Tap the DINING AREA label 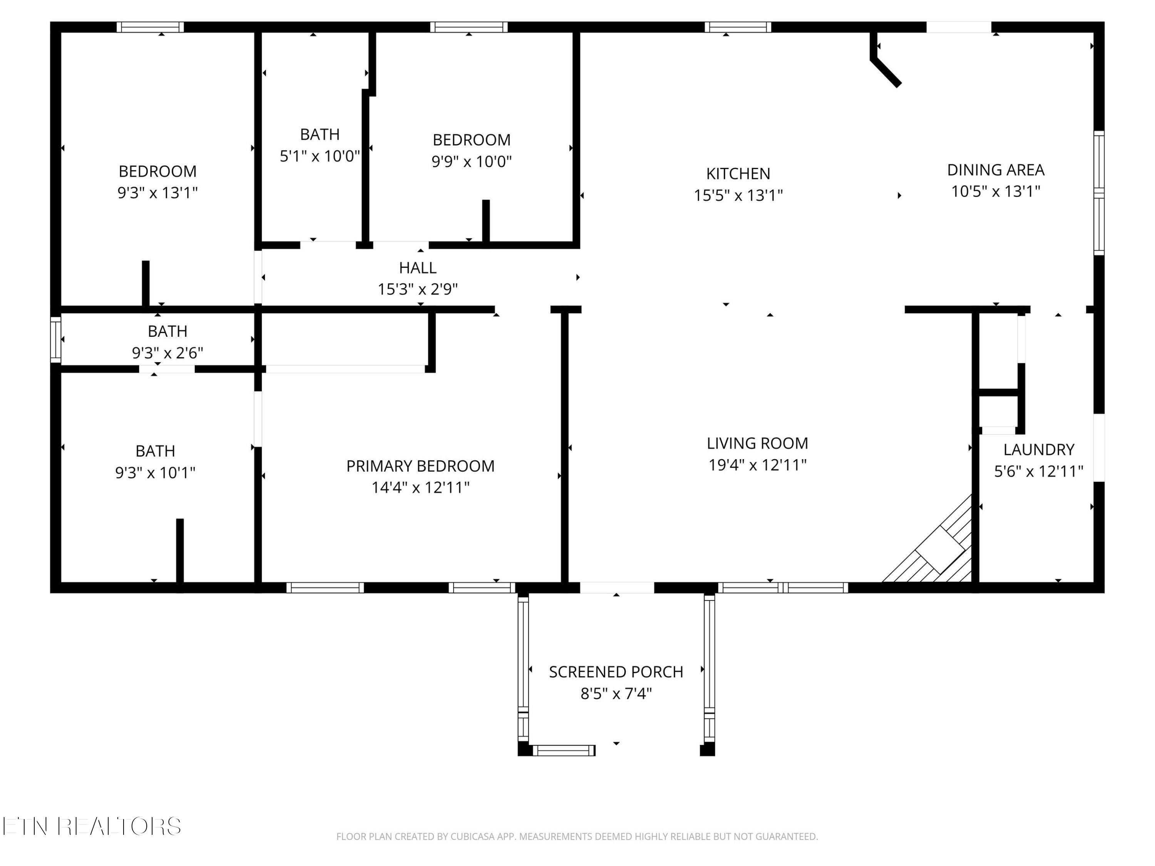(995, 170)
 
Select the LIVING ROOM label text (757, 443)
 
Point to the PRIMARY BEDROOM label (420, 466)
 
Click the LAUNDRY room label (1039, 450)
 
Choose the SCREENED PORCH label (616, 672)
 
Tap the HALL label (418, 268)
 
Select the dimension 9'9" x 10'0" (472, 161)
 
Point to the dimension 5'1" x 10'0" (320, 156)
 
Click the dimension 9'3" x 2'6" (167, 353)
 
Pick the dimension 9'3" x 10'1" (155, 472)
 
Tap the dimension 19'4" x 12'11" (757, 465)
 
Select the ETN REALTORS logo (92, 826)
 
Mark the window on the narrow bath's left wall (55, 339)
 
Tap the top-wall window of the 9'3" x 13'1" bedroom (150, 27)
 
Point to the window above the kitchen (738, 27)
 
